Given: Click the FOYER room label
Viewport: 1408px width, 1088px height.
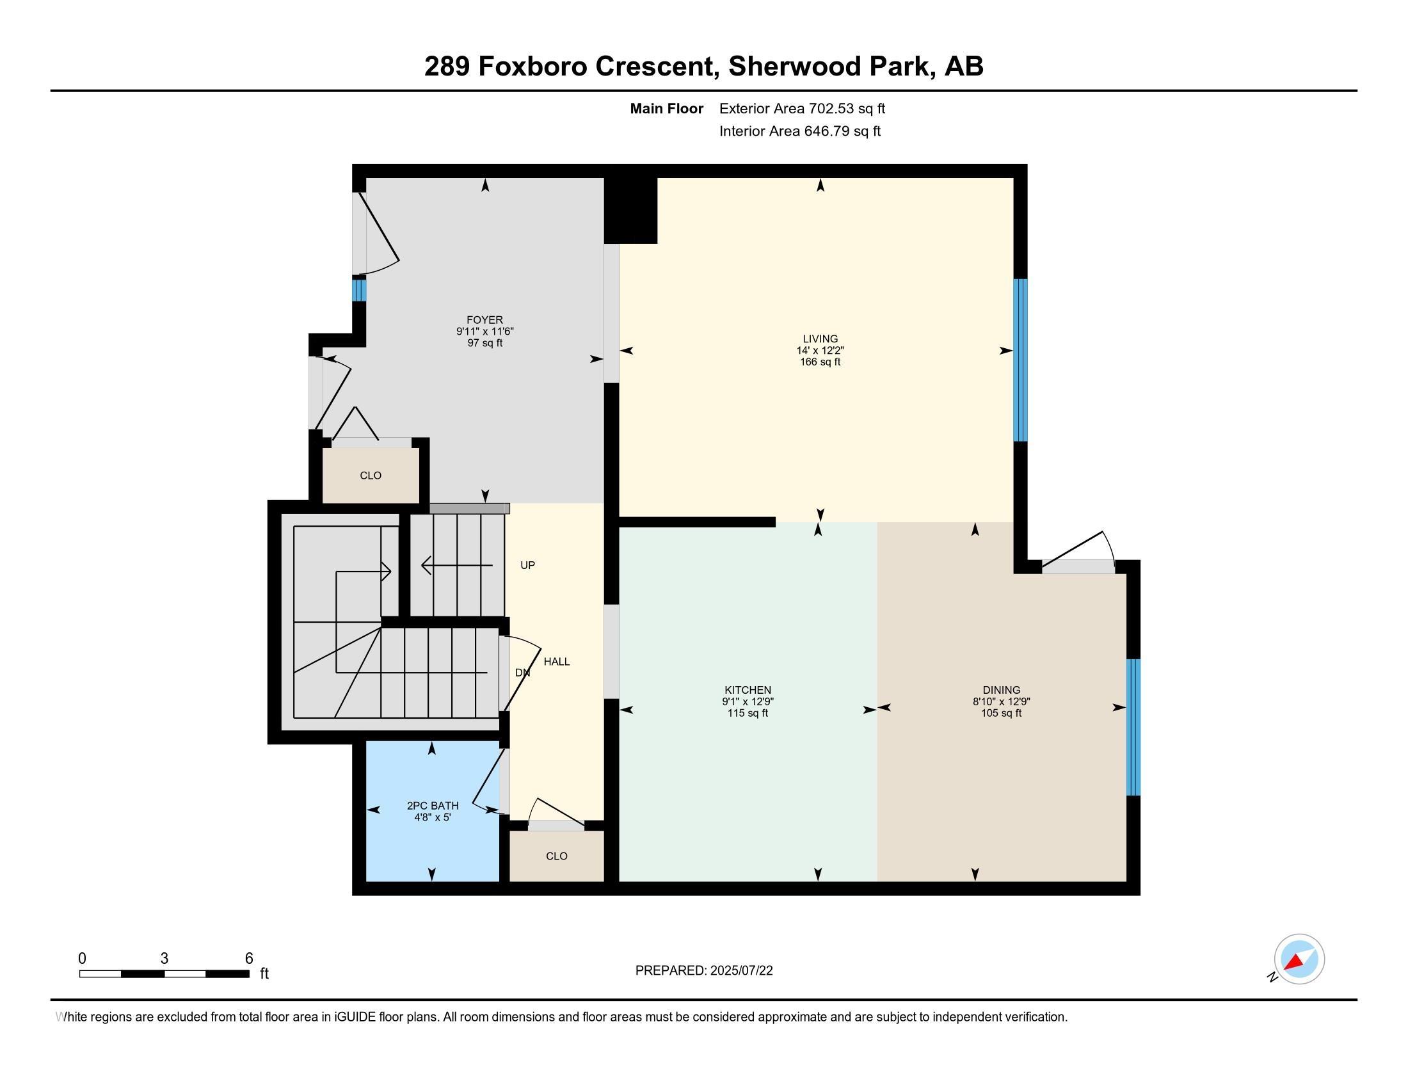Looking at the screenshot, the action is (x=485, y=321).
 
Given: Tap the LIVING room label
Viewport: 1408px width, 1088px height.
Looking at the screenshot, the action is (x=820, y=339).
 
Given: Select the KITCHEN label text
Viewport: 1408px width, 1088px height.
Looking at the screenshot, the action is (x=748, y=691).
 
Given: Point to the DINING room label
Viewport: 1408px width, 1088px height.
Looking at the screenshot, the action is (x=1001, y=691).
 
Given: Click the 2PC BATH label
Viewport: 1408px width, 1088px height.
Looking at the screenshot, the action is (x=433, y=806).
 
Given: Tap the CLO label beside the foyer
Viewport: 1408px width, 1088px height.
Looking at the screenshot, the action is (x=371, y=476).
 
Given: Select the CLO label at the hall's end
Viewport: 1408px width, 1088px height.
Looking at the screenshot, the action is (x=556, y=856).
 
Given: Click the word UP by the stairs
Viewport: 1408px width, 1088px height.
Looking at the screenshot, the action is (x=527, y=565).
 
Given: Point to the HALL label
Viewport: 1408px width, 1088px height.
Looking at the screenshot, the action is (x=556, y=662).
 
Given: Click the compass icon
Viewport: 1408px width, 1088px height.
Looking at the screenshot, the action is (x=1299, y=959).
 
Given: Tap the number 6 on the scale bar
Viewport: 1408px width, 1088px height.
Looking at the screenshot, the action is (x=249, y=959).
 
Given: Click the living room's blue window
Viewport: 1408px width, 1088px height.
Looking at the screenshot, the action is (x=1020, y=360).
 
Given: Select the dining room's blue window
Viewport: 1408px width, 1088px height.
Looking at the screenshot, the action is (x=1133, y=728).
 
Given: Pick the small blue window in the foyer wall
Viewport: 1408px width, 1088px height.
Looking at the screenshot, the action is (x=359, y=289).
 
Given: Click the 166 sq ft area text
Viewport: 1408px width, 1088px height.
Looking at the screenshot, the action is (x=820, y=362).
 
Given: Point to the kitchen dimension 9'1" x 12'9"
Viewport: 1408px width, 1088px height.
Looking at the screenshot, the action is (x=748, y=702).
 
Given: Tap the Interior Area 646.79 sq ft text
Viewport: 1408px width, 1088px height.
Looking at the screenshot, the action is (x=799, y=131).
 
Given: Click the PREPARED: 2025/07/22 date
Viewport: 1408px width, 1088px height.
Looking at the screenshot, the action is (x=704, y=971).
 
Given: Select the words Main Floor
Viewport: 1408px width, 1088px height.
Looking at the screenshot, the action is (x=667, y=109).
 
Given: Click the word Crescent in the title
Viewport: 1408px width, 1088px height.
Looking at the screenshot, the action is (x=657, y=67).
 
